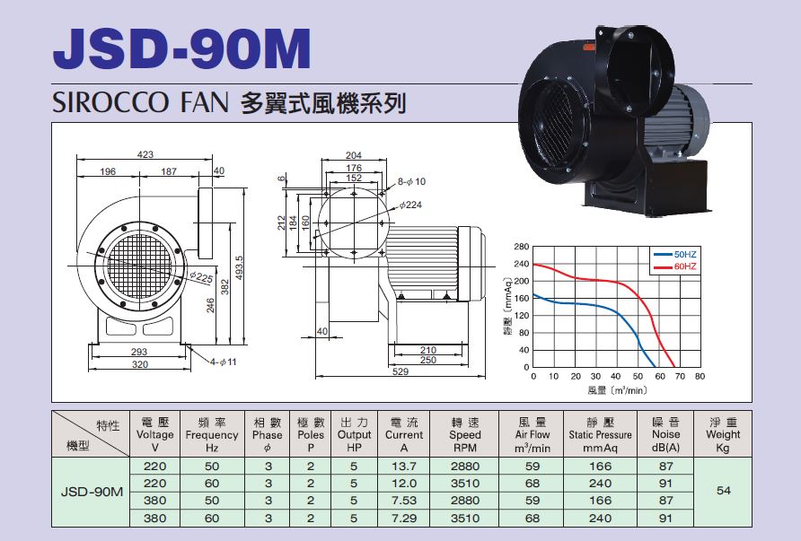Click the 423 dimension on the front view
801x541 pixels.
click(145, 154)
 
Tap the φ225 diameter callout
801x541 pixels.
click(201, 277)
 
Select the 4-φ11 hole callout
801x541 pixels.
click(224, 362)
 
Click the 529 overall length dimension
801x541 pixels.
click(400, 371)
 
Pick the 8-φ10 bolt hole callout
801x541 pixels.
click(411, 181)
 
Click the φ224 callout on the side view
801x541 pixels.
click(410, 205)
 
